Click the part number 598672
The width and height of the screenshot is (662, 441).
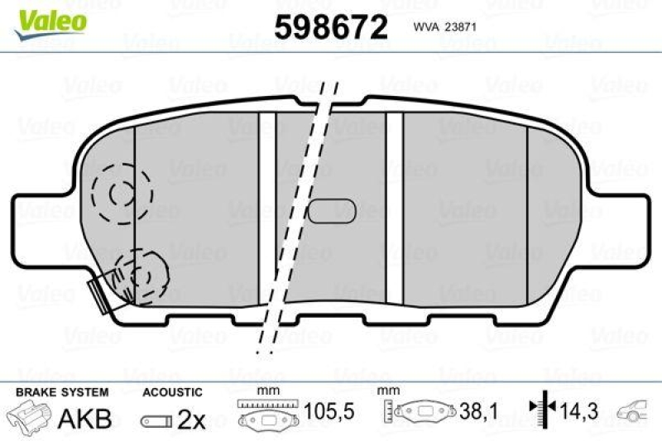[331, 28]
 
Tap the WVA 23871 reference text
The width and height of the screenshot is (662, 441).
[443, 26]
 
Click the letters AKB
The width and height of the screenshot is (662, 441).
[84, 419]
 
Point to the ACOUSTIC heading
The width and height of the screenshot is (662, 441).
[171, 391]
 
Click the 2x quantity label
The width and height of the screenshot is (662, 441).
[191, 419]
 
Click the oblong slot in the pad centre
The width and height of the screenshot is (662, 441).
[333, 212]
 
